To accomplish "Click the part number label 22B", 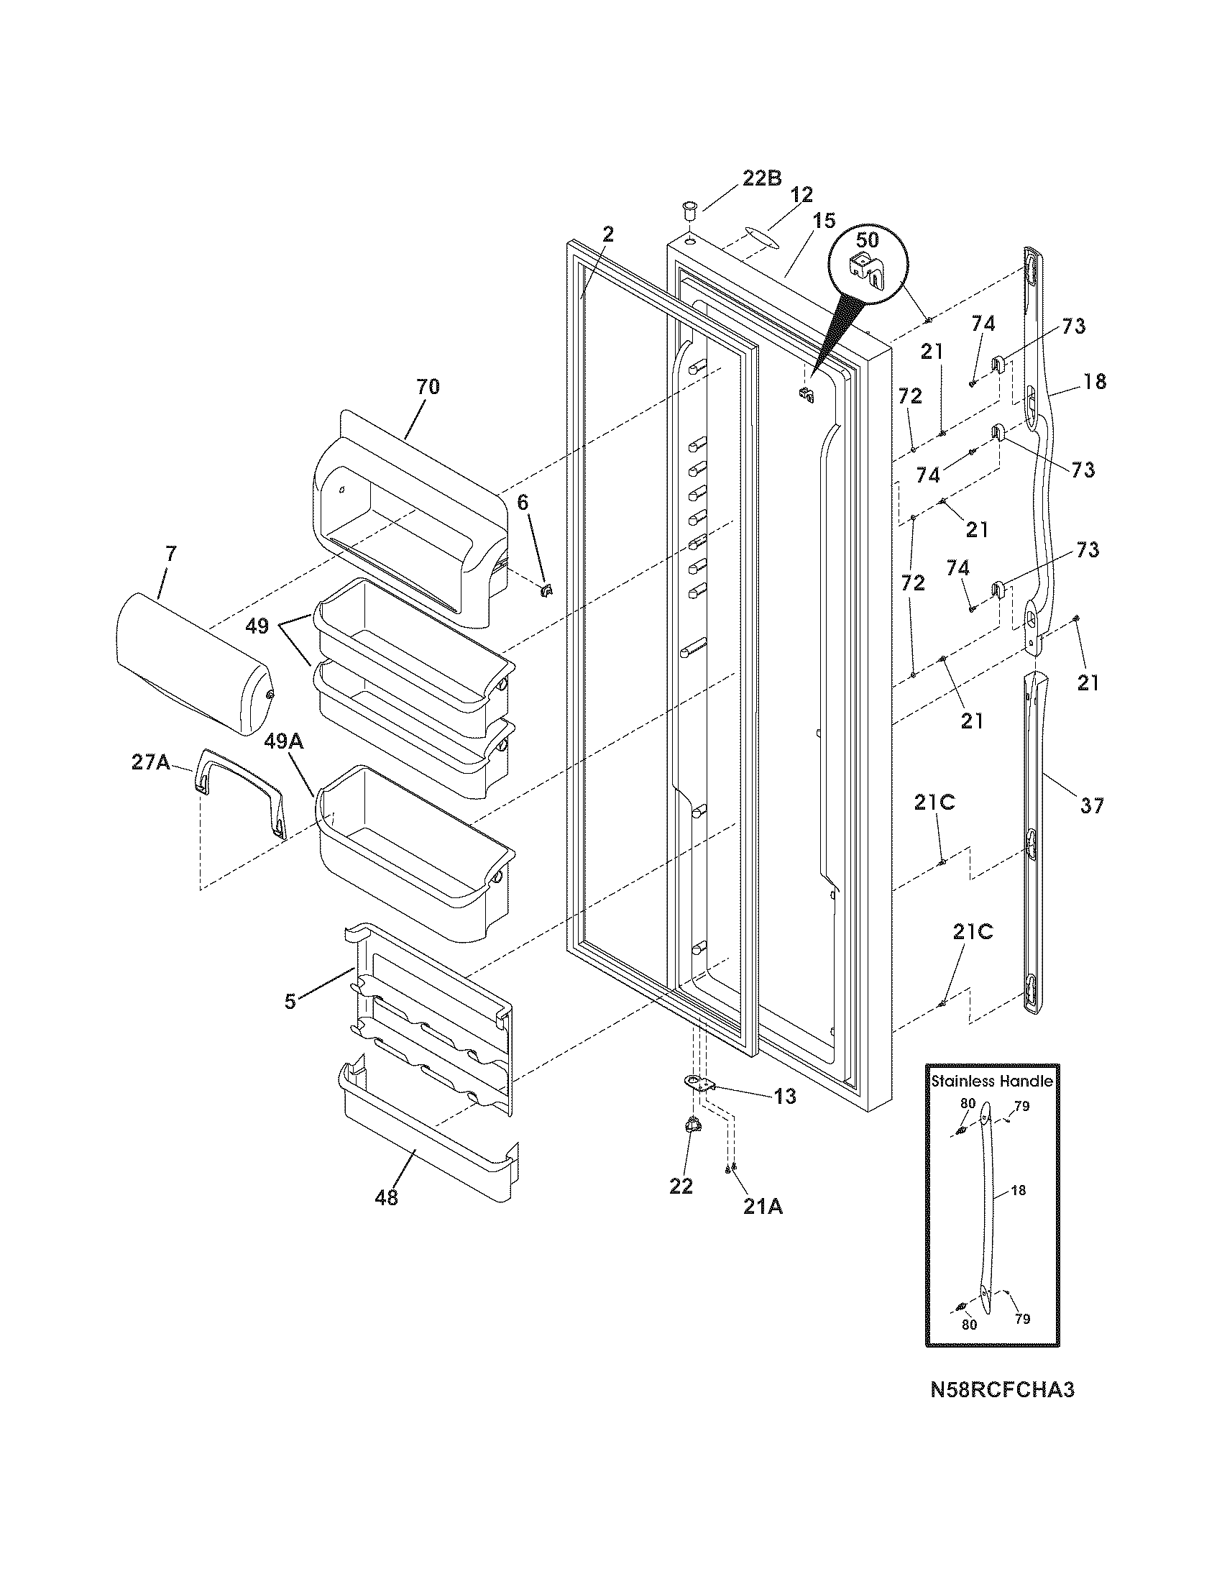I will (761, 178).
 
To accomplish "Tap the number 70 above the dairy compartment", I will (427, 387).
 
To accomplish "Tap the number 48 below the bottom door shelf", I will (387, 1198).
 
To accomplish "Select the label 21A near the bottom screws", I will (763, 1207).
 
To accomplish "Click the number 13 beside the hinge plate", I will (785, 1097).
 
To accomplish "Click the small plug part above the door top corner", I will (689, 213).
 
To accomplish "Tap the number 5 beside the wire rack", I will (290, 1002).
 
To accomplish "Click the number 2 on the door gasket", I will (607, 234).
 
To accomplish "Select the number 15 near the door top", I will (824, 221).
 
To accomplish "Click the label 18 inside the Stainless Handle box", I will (1018, 1190).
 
